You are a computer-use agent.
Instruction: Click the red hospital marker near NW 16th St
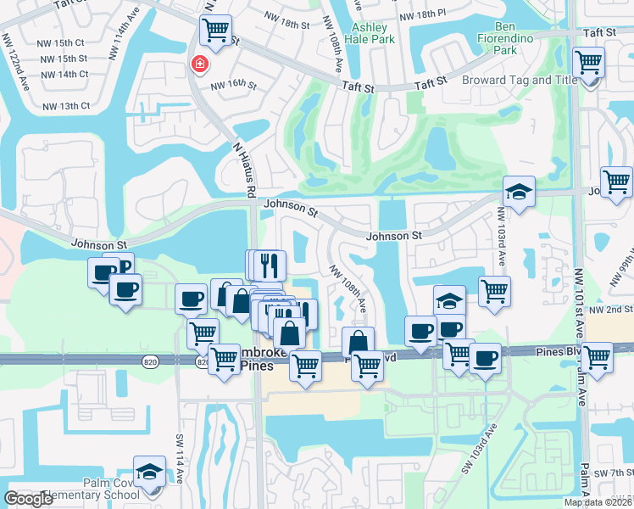coord(200,64)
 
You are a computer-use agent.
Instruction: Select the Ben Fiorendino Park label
coord(517,44)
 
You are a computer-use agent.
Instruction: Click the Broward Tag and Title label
coord(520,81)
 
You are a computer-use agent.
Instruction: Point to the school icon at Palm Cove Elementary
coord(150,473)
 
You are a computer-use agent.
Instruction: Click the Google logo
coord(28,499)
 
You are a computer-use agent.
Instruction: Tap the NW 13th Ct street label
coord(64,106)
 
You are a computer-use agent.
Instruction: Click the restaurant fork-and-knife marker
coord(270,265)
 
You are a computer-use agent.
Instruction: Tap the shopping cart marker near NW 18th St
coord(215,31)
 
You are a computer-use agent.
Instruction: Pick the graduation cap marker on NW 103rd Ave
coord(518,191)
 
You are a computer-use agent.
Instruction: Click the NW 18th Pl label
coord(421,14)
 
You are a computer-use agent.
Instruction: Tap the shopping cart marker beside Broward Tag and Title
coord(587,63)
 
